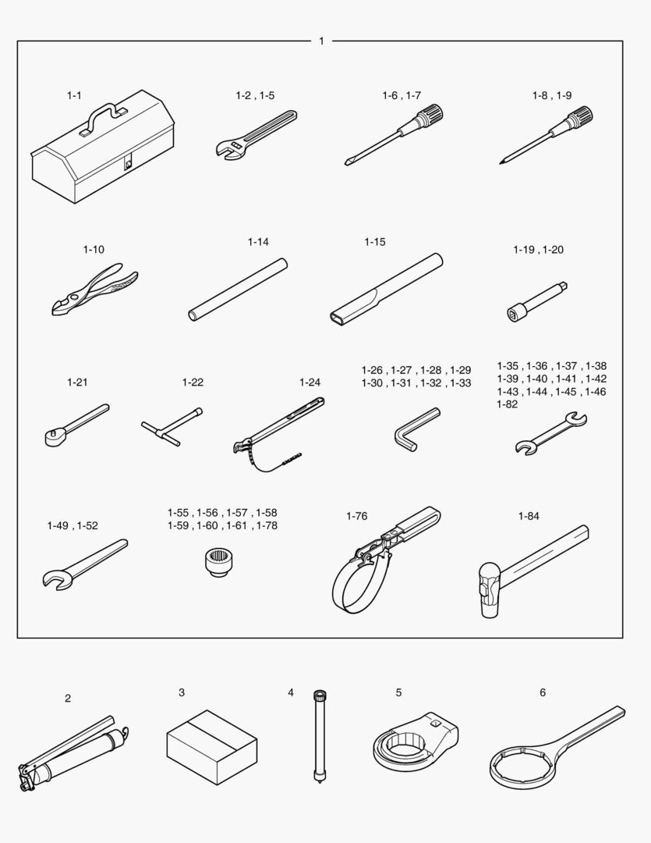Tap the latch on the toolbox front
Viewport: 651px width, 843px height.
point(129,162)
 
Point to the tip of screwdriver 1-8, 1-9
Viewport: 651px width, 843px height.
point(501,162)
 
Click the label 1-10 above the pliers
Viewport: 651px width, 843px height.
point(94,250)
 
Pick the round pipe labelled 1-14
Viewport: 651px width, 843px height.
point(238,290)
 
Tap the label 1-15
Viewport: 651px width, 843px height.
point(375,242)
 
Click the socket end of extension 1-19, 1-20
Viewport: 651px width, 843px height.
point(517,312)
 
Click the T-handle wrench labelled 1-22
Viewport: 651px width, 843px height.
point(172,426)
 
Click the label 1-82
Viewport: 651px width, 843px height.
point(508,404)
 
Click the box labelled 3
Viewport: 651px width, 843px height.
point(212,747)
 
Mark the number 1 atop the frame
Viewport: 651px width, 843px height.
point(321,41)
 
